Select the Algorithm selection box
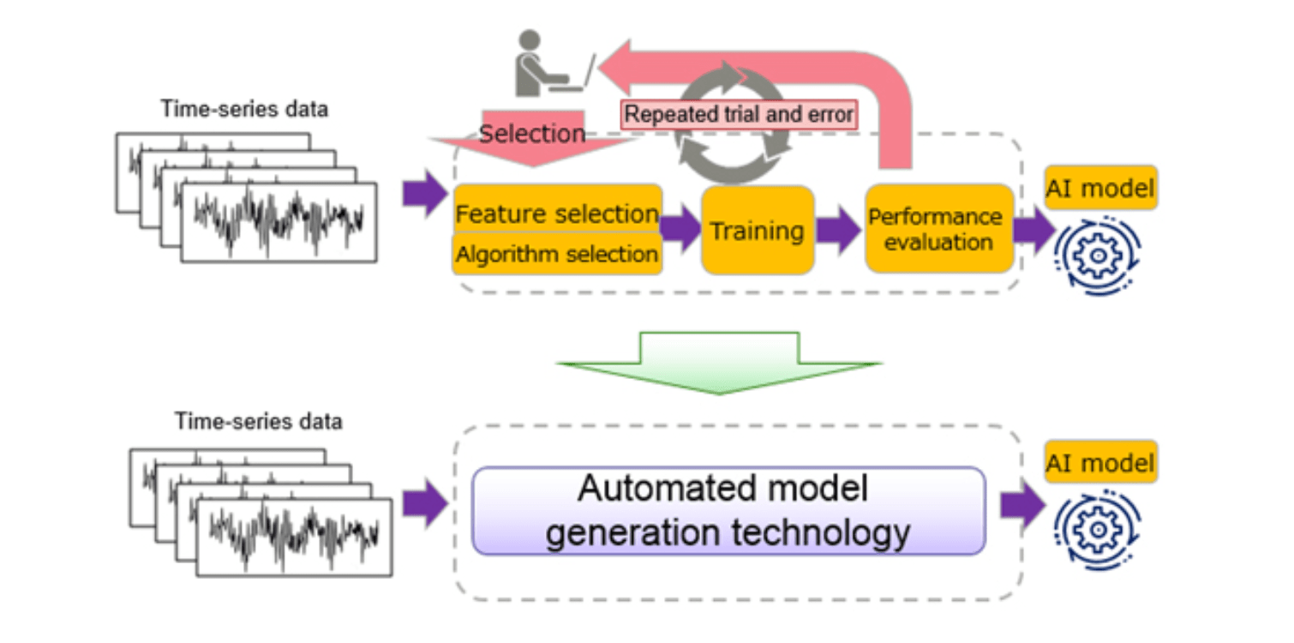(557, 255)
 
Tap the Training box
(757, 231)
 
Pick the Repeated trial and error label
(739, 114)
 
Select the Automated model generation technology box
(728, 511)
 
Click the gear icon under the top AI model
(1098, 255)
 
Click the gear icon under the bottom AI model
(1098, 530)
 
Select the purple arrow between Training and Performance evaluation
(837, 231)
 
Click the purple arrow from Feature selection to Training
(680, 231)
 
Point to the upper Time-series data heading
(244, 110)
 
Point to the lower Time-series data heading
(258, 422)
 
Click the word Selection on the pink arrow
(531, 134)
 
